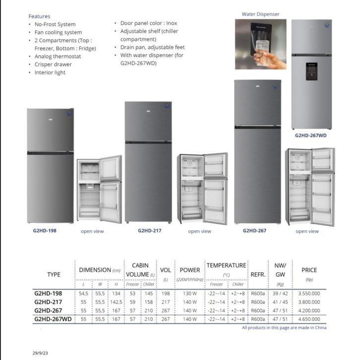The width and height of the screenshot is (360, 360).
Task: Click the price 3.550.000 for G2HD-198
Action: pyautogui.click(x=309, y=293)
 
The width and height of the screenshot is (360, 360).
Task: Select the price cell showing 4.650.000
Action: pyautogui.click(x=309, y=319)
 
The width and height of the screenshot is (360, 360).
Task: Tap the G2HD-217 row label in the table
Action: pyautogui.click(x=48, y=302)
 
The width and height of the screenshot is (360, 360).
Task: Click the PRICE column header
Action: pyautogui.click(x=309, y=270)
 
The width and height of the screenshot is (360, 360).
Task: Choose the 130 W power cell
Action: pyautogui.click(x=189, y=293)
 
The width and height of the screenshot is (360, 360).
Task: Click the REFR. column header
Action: pyautogui.click(x=258, y=274)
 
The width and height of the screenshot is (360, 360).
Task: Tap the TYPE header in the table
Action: pyautogui.click(x=54, y=274)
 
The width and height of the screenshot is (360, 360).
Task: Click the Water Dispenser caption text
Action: pyautogui.click(x=260, y=14)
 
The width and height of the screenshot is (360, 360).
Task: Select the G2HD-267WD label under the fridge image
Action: pyautogui.click(x=310, y=135)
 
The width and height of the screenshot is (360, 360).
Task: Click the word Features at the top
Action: pyautogui.click(x=39, y=16)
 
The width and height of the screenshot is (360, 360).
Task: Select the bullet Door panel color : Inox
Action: pyautogui.click(x=148, y=23)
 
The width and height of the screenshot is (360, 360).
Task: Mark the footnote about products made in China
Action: pyautogui.click(x=284, y=328)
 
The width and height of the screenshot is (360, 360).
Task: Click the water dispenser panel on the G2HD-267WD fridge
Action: pyautogui.click(x=311, y=71)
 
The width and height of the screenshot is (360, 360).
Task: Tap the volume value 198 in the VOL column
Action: pyautogui.click(x=166, y=293)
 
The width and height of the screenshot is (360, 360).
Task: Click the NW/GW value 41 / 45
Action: pyautogui.click(x=280, y=302)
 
